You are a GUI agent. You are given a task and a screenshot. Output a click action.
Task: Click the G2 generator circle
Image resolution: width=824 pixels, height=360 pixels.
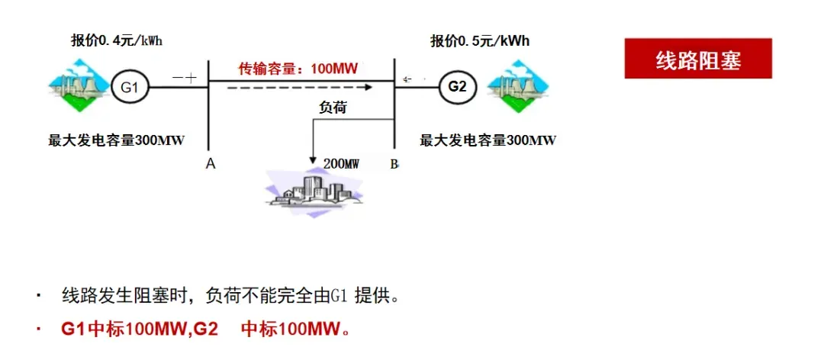[457, 87]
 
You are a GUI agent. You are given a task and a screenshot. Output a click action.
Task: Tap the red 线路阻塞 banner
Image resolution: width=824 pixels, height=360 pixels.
[698, 59]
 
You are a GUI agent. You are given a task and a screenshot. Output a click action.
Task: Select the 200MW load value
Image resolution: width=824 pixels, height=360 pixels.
[341, 163]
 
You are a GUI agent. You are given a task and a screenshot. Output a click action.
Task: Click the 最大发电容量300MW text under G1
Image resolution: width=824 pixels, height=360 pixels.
[117, 140]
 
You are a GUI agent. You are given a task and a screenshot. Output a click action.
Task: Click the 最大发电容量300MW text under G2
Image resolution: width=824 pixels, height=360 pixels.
[488, 140]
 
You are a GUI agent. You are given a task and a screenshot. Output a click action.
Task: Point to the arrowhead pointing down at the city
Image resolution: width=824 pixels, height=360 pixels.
[313, 159]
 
